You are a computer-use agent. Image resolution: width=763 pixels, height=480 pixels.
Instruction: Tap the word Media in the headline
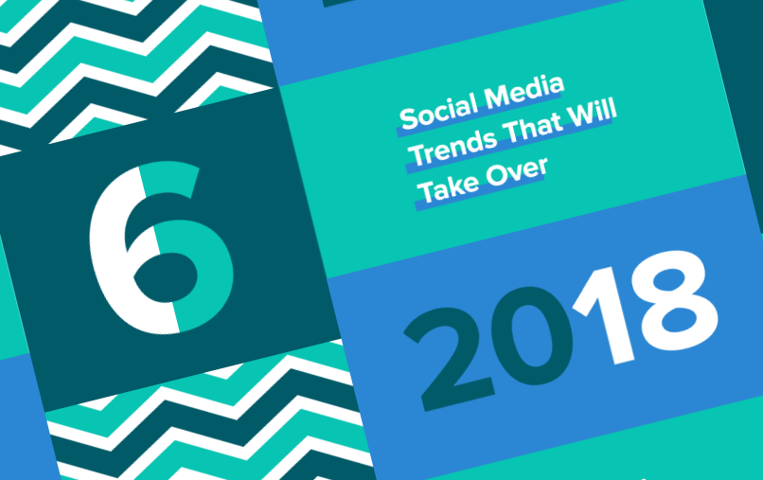pyautogui.click(x=524, y=91)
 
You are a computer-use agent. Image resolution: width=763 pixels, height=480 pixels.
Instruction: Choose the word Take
pyautogui.click(x=448, y=187)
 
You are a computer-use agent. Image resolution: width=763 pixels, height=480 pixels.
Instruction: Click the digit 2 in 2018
pyautogui.click(x=449, y=358)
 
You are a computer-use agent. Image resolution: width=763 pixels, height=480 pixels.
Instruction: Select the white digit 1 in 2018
pyautogui.click(x=603, y=315)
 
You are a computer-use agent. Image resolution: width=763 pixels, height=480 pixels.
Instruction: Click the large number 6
pyautogui.click(x=161, y=247)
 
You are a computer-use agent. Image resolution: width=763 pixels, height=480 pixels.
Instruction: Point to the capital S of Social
pyautogui.click(x=408, y=118)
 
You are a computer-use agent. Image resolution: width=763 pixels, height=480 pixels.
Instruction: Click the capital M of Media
pyautogui.click(x=497, y=98)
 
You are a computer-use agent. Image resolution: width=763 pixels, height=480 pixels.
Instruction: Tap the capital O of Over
pyautogui.click(x=496, y=176)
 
